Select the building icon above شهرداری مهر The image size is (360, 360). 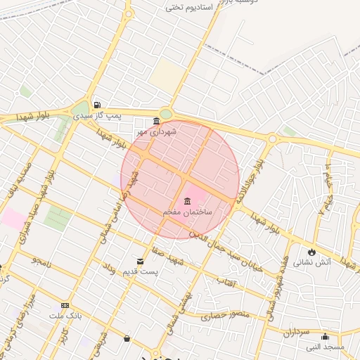155,121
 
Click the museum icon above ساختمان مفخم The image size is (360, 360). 187,202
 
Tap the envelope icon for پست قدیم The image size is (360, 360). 141,262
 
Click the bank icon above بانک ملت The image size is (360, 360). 65,306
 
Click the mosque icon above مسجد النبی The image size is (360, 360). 325,336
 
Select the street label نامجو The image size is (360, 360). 41,261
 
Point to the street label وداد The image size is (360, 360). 108,267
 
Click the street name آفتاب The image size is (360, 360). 226,281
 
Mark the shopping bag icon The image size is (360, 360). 127,339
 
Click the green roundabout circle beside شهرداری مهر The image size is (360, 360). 166,115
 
